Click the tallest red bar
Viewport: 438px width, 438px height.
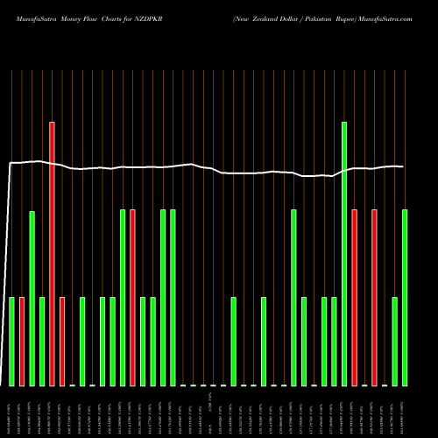[x=52, y=254]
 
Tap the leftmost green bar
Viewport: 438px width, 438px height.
[x=11, y=342]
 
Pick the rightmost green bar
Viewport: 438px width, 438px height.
[x=405, y=298]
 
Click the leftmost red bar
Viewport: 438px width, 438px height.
[x=22, y=342]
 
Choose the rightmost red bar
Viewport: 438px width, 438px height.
[x=374, y=298]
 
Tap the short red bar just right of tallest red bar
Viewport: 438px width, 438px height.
[x=62, y=342]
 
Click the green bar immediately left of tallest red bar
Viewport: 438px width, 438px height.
[x=42, y=342]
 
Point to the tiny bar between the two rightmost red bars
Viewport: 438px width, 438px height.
[x=364, y=385]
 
